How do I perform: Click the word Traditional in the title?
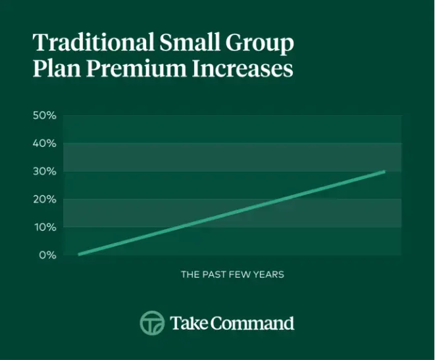click(x=82, y=43)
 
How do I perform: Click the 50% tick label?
click(x=45, y=115)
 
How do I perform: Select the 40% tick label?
click(x=45, y=143)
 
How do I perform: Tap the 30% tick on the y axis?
click(x=45, y=171)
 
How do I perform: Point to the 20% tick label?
click(x=45, y=199)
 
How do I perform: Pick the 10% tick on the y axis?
click(x=45, y=227)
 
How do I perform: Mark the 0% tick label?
click(x=47, y=255)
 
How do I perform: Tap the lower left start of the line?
click(x=79, y=254)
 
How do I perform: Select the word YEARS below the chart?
click(x=270, y=274)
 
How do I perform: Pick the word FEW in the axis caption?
click(x=242, y=274)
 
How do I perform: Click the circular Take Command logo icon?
click(x=152, y=323)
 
